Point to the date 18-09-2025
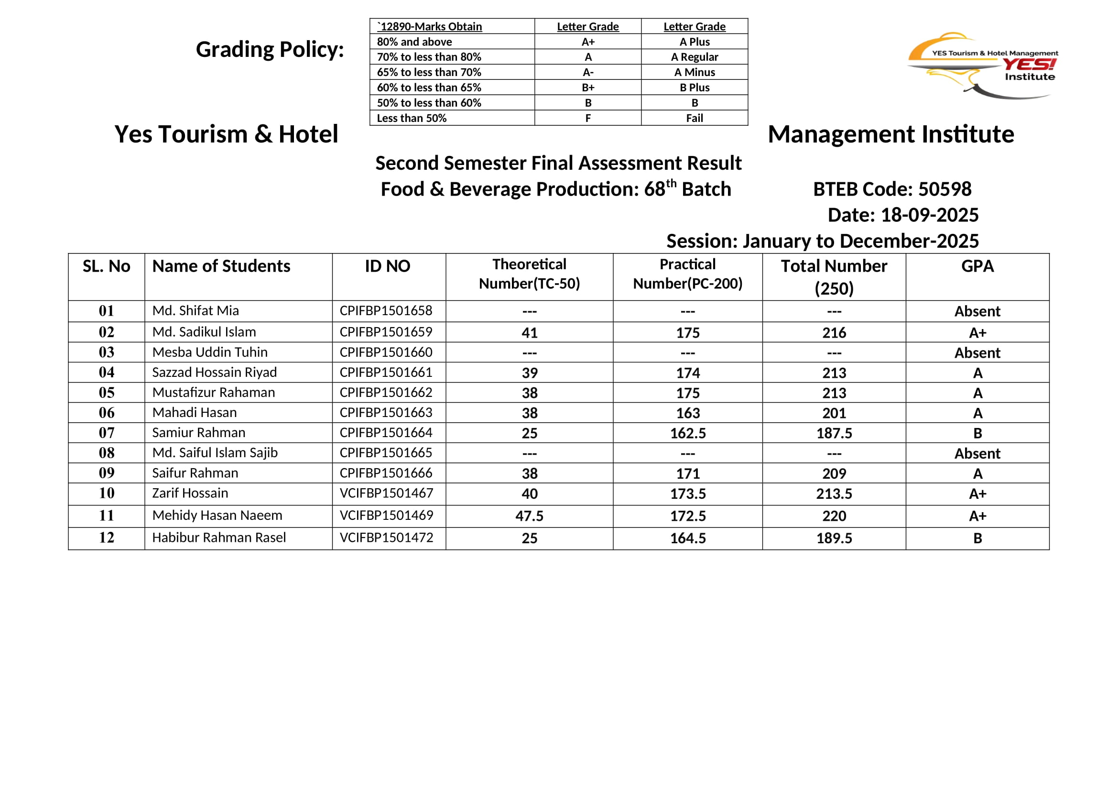930,215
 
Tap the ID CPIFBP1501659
386,332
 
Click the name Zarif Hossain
190,493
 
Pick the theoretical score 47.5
529,516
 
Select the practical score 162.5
687,433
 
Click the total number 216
834,333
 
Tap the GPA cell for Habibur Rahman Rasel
977,538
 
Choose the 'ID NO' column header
388,266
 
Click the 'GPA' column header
977,266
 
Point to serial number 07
106,432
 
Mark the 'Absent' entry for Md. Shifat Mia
977,311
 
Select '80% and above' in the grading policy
414,42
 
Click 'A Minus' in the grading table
695,72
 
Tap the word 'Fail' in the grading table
695,118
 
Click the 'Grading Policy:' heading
270,49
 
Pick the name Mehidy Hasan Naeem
217,516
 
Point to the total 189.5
834,538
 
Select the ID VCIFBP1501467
386,493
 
